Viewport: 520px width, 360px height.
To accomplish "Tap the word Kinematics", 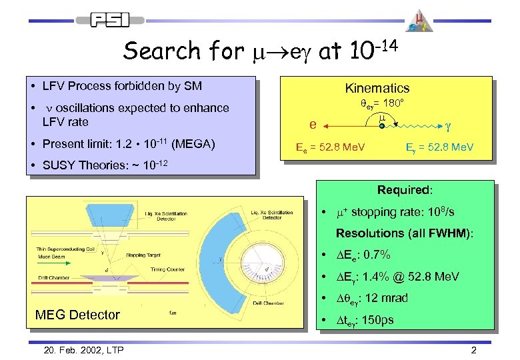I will tap(377, 88).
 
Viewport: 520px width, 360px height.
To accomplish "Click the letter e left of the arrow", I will tap(313, 125).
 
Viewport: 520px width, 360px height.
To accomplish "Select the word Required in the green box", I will tap(405, 190).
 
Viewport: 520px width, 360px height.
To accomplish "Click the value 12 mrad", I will tap(389, 298).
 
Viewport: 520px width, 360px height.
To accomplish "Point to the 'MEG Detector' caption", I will tap(77, 315).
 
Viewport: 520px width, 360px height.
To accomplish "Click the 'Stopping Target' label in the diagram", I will tap(143, 255).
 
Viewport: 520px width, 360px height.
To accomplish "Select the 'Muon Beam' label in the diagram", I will tap(51, 256).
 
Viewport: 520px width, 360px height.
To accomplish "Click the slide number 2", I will tap(473, 350).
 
